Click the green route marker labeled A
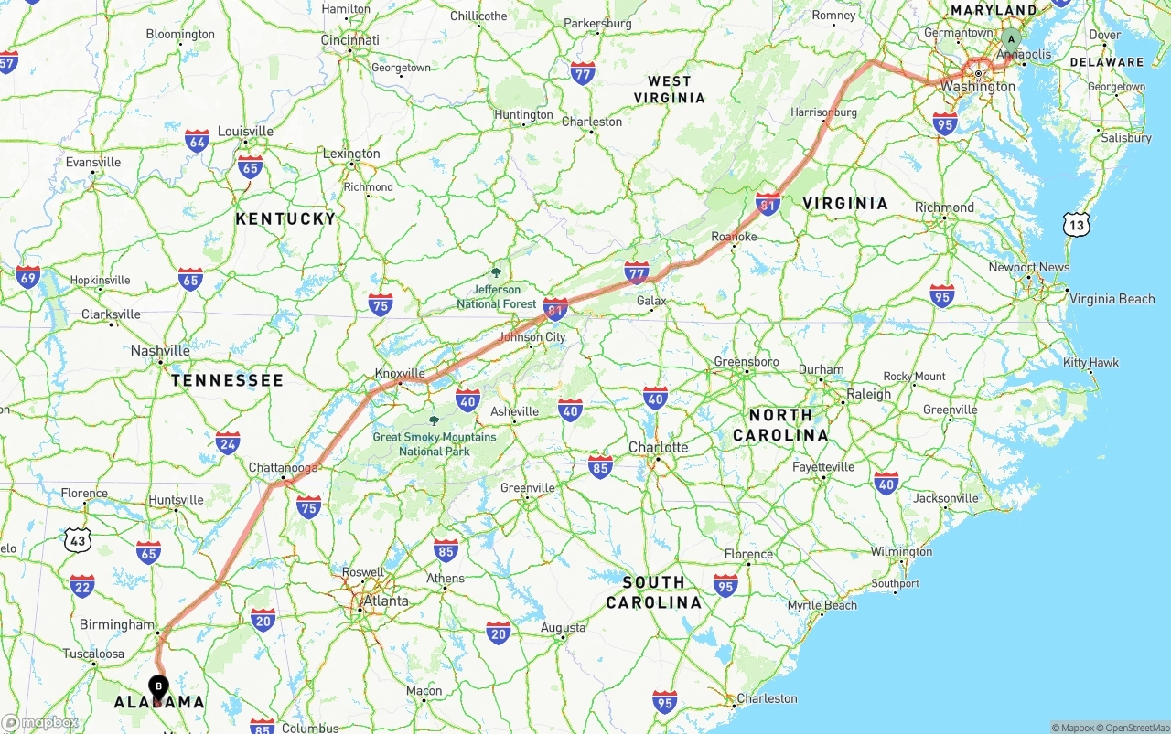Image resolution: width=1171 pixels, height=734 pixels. coord(1010,39)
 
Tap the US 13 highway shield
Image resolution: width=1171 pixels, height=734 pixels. coord(1077,224)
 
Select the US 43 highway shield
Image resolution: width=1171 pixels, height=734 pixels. coord(78,540)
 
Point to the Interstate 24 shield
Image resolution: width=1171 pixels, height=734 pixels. coord(228,444)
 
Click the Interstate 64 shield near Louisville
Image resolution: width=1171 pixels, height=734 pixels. coord(197,141)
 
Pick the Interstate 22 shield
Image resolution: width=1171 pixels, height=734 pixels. coord(82,586)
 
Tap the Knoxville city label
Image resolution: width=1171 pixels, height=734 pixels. coord(400,373)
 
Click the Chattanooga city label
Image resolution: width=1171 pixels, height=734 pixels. coord(284,468)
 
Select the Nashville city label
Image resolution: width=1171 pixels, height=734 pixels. coord(160,351)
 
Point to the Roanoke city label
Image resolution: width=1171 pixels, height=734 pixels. coord(735,237)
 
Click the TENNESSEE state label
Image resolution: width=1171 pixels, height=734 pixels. coord(227,380)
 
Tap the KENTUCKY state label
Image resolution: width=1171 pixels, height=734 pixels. coord(285,218)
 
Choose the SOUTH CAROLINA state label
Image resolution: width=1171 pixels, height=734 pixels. coord(653,592)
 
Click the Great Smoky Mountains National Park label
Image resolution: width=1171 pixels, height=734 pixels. coord(435,444)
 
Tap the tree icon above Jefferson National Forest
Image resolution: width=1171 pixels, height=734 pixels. coord(496,272)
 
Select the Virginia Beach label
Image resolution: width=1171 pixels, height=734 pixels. coord(1112,299)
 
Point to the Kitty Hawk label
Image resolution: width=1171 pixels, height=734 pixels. coord(1090,363)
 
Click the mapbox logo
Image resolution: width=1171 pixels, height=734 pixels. coord(40,723)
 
